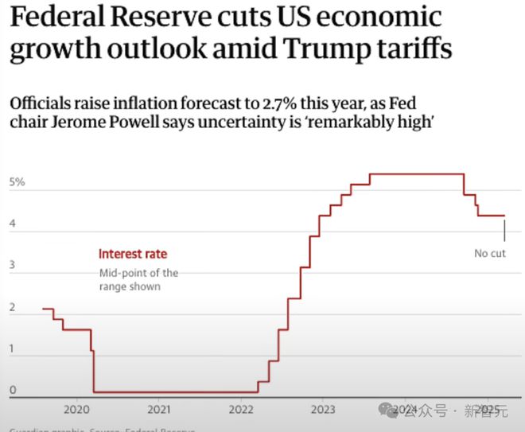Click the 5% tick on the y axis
point(17,182)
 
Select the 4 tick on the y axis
point(12,224)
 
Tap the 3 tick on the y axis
point(12,266)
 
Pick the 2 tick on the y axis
point(12,307)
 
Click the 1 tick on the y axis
point(12,349)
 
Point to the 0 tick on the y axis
point(12,391)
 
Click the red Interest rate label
point(133,255)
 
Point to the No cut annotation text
point(489,254)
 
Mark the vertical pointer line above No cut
point(504,230)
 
